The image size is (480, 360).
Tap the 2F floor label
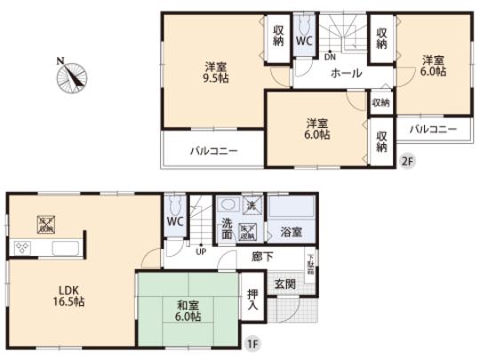point(408,161)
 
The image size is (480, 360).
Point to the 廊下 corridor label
point(262,256)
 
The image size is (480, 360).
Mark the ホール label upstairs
point(345,74)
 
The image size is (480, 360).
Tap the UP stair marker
point(202,251)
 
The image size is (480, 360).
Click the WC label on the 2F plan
point(302,40)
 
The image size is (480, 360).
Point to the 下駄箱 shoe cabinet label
point(311,264)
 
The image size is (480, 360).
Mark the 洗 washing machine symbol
point(252,207)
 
